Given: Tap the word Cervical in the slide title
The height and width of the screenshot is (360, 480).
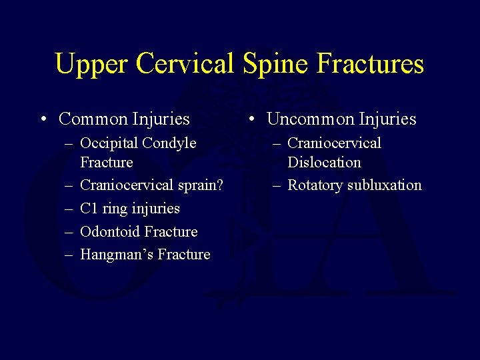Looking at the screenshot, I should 185,65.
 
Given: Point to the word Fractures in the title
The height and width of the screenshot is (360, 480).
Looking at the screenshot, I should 371,65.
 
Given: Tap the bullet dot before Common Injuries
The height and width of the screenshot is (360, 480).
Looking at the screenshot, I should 43,120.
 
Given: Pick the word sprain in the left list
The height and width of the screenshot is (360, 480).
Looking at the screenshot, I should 196,185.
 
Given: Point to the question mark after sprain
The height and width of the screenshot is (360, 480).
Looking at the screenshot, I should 220,185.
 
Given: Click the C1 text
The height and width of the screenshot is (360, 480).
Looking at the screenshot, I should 89,209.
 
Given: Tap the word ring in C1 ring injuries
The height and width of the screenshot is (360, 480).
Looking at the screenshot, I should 115,209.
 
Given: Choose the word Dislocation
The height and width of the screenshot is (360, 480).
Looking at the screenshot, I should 324,163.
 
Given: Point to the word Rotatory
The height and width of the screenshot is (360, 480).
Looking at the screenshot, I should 315,185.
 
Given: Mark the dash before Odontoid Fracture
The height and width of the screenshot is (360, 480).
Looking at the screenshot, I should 68,233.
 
